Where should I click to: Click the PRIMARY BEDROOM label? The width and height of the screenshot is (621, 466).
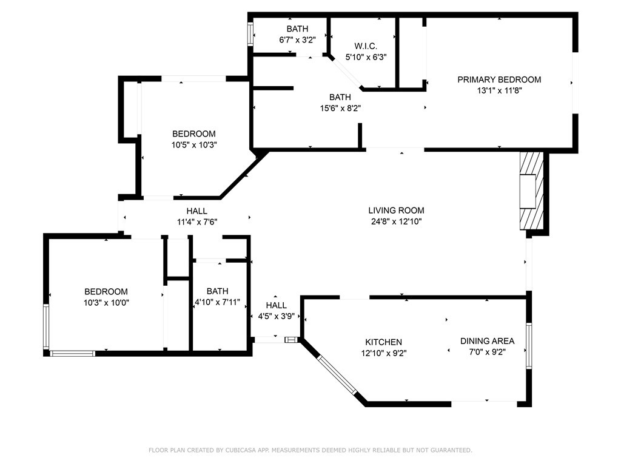pyautogui.click(x=499, y=79)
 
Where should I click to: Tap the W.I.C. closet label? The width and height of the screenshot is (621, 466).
pyautogui.click(x=366, y=46)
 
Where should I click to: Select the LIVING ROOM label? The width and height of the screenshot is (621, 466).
pyautogui.click(x=396, y=211)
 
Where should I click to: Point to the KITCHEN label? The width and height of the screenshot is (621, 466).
pyautogui.click(x=383, y=342)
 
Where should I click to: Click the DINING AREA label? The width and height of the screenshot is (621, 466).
pyautogui.click(x=487, y=341)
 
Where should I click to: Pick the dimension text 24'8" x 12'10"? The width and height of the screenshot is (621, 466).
pyautogui.click(x=396, y=221)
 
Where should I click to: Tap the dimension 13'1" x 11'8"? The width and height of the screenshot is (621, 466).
pyautogui.click(x=499, y=90)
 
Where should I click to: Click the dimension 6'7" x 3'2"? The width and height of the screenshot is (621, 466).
pyautogui.click(x=297, y=39)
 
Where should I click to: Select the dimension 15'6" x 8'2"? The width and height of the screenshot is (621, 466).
pyautogui.click(x=340, y=108)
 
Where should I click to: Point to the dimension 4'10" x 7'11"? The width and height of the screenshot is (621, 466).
pyautogui.click(x=218, y=302)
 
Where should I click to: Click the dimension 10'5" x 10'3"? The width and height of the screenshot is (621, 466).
pyautogui.click(x=194, y=145)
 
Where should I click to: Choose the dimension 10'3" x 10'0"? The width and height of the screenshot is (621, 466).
pyautogui.click(x=106, y=303)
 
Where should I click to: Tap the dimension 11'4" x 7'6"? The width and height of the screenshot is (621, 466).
pyautogui.click(x=197, y=222)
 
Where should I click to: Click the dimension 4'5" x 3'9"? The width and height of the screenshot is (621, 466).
pyautogui.click(x=276, y=316)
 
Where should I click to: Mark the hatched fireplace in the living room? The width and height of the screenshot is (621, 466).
pyautogui.click(x=531, y=191)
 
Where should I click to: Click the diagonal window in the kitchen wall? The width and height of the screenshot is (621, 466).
pyautogui.click(x=337, y=375)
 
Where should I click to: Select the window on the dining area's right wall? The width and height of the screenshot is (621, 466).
pyautogui.click(x=529, y=346)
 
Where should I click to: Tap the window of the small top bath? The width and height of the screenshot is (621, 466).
pyautogui.click(x=250, y=35)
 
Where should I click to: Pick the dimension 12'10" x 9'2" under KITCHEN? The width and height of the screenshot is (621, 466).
pyautogui.click(x=383, y=353)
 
